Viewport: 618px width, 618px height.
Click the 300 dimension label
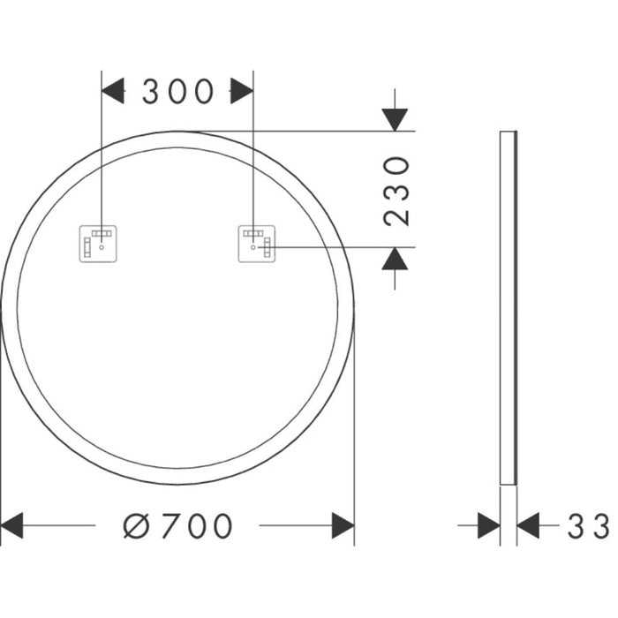click(x=177, y=91)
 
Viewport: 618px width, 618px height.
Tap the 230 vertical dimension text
click(x=398, y=191)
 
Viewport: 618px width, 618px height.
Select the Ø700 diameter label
click(x=177, y=526)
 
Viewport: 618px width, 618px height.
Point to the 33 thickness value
click(x=588, y=527)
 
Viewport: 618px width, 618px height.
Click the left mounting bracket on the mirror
click(x=99, y=243)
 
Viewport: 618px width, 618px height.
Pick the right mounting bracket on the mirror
click(x=257, y=243)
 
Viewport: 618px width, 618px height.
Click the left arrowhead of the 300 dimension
click(x=113, y=91)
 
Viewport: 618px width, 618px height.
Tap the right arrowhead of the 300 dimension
click(x=242, y=91)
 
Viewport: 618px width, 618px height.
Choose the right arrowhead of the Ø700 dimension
click(x=343, y=526)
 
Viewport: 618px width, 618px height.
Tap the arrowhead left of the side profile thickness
click(x=488, y=526)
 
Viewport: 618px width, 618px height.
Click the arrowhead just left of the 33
click(x=528, y=526)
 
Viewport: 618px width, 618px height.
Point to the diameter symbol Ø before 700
click(x=137, y=526)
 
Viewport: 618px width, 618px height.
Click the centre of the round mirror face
click(x=177, y=307)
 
